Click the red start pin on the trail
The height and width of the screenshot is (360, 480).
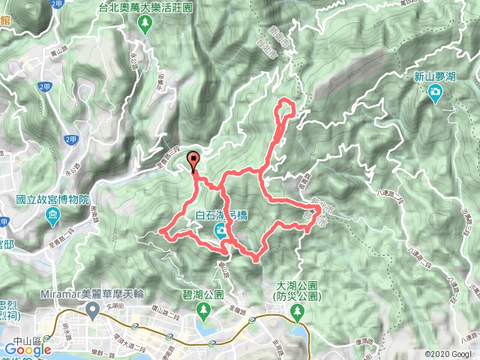(193, 160)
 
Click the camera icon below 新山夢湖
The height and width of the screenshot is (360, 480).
(435, 92)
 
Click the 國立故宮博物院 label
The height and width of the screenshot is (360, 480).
(52, 200)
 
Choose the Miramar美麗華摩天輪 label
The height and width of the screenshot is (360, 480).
(94, 292)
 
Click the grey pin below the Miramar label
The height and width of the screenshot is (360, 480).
(93, 309)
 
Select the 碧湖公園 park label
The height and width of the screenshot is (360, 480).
(202, 295)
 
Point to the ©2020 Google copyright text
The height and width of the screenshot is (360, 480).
(449, 354)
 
